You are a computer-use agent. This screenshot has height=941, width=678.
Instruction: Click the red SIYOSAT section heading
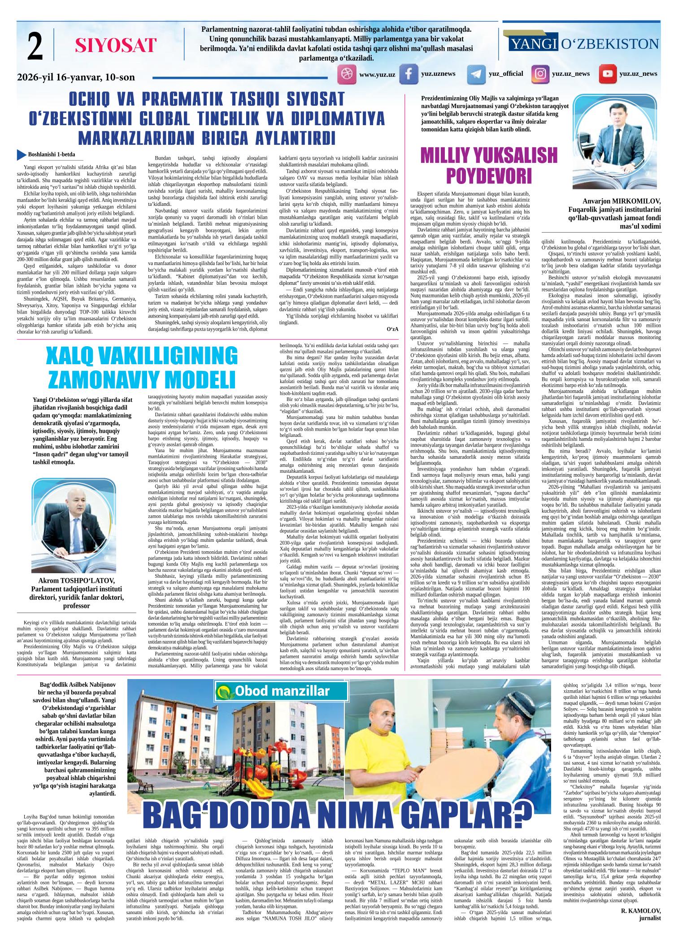[x=116, y=45]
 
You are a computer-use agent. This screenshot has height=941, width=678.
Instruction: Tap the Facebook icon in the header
[x=409, y=74]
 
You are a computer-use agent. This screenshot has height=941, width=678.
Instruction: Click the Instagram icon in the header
[x=541, y=74]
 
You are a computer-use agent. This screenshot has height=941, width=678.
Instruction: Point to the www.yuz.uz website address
[x=377, y=74]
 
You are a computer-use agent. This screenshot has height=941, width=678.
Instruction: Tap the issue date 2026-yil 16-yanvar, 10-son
[x=76, y=77]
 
